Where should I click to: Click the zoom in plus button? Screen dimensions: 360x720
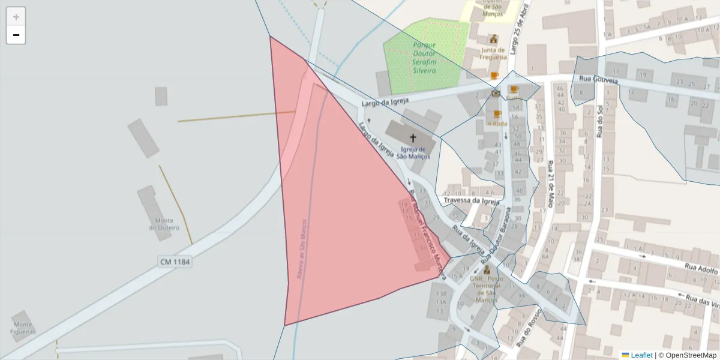[16, 16]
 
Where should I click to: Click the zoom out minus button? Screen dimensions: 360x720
[16, 35]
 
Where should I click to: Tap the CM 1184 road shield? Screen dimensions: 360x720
[175, 262]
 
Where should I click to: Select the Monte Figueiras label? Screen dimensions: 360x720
[22, 328]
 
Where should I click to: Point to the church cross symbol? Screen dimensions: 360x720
[413, 138]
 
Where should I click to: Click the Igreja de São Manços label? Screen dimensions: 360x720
[413, 153]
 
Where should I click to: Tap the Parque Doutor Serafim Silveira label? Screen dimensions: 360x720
[424, 58]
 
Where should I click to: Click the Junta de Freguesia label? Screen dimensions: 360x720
[493, 54]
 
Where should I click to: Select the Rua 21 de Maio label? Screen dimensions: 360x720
[550, 183]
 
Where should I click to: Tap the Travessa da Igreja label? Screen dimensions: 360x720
[471, 201]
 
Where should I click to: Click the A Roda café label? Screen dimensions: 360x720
[497, 124]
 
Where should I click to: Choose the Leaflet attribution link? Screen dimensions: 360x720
[641, 355]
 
